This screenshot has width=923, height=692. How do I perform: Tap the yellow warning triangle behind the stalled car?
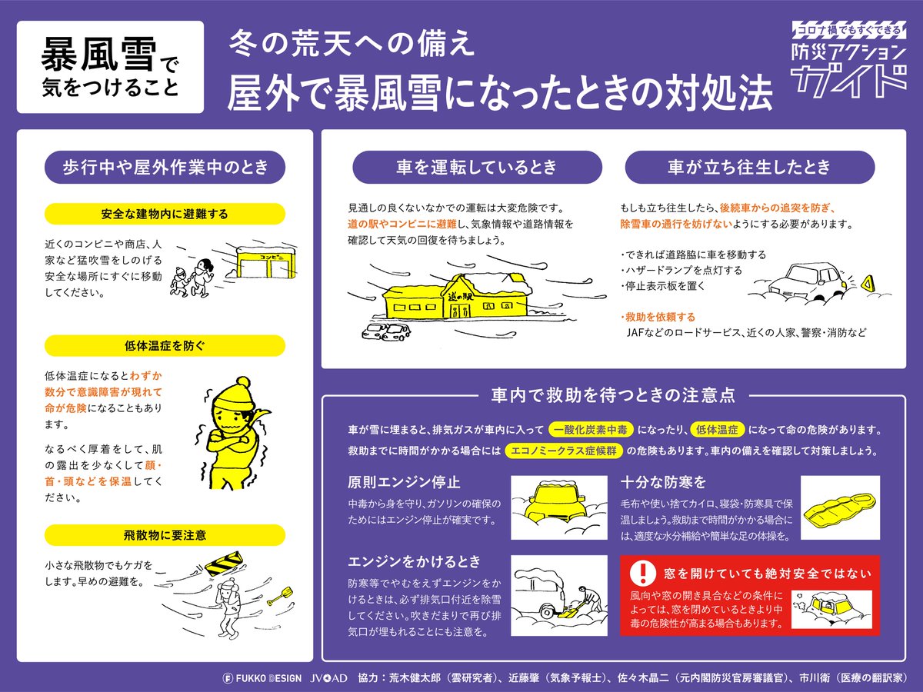[866, 284]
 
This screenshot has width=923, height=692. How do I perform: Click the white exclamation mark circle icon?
[642, 572]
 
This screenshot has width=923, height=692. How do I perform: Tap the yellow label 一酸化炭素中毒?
[591, 429]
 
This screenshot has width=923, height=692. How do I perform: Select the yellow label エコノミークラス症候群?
[564, 451]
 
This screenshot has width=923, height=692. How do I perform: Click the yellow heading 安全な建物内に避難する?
[165, 214]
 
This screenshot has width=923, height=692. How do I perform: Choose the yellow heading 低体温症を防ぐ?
[165, 346]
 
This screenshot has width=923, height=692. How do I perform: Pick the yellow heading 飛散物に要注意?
[165, 535]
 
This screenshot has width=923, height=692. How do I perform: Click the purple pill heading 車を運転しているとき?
[478, 167]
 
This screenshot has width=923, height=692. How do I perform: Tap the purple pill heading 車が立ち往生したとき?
[750, 167]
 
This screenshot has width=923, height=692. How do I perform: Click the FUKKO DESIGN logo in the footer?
[262, 678]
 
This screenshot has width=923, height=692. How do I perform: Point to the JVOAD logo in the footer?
[329, 678]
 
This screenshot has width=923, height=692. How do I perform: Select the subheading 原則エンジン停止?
[404, 482]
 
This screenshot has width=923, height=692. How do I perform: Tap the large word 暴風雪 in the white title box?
[98, 55]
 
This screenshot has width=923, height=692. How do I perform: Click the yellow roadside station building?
[457, 297]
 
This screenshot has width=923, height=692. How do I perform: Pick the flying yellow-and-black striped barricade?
[224, 562]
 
